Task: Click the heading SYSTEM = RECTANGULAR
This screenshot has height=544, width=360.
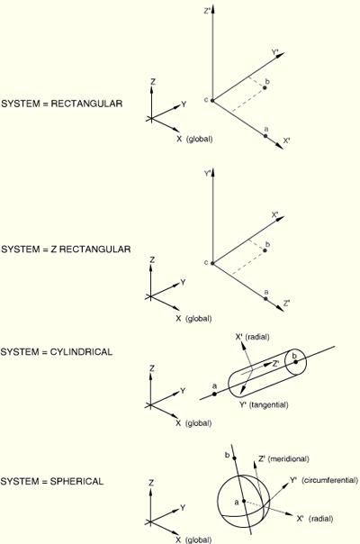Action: pos(62,104)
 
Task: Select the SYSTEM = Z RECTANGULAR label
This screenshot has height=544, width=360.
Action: pos(66,249)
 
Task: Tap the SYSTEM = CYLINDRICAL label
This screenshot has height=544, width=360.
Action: pos(57,352)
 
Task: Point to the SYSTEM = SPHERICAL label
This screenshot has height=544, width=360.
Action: pos(52,481)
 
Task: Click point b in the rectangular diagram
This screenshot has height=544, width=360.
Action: pos(265,87)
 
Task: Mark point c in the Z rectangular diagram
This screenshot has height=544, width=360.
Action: pos(212,263)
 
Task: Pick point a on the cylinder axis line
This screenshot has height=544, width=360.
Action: pos(214,394)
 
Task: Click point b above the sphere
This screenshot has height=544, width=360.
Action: pos(235,458)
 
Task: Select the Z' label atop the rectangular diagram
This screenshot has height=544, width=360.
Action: pos(207,11)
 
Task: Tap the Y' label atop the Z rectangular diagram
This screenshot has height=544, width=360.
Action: pos(207,173)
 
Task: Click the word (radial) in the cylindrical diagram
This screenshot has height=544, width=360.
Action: pos(257,337)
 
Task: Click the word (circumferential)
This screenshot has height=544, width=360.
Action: pos(329,480)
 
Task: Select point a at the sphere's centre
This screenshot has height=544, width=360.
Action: pos(244,501)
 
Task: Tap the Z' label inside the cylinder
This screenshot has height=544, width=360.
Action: pos(276,364)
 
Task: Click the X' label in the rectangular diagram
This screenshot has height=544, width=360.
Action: pos(287,141)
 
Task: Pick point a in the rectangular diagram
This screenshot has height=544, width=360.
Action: pos(265,136)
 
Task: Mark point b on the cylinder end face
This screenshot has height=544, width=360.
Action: pos(295,362)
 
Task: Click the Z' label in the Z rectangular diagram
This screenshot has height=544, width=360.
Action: pos(286,304)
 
